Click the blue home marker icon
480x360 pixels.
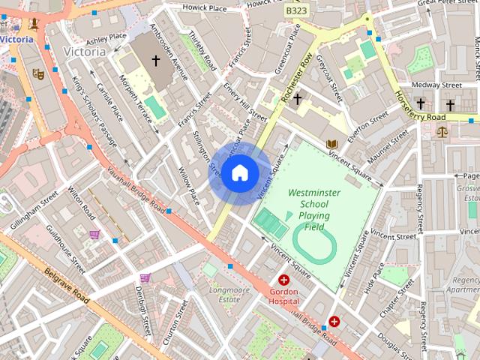[239, 173]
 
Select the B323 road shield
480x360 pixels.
[296, 11]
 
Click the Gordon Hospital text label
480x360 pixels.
[283, 295]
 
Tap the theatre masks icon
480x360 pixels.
[37, 73]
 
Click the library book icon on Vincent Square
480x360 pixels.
[332, 144]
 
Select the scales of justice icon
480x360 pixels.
[441, 132]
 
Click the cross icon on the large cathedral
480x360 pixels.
[156, 59]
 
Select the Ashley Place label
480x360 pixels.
[106, 38]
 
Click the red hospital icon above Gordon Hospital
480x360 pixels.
[283, 280]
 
